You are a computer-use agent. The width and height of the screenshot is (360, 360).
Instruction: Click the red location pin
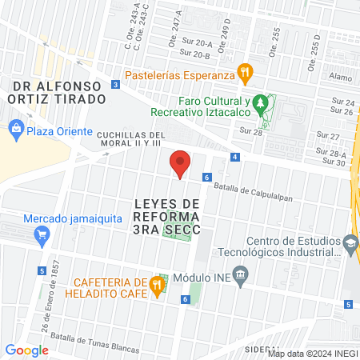(x=181, y=163)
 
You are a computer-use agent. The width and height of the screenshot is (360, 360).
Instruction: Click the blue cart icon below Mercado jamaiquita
(x=42, y=235)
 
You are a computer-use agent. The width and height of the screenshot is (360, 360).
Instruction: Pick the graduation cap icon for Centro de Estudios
(x=350, y=242)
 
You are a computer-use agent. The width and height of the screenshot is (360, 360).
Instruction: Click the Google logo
(x=27, y=350)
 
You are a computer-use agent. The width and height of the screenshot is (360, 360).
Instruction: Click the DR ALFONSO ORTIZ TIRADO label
(x=58, y=92)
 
